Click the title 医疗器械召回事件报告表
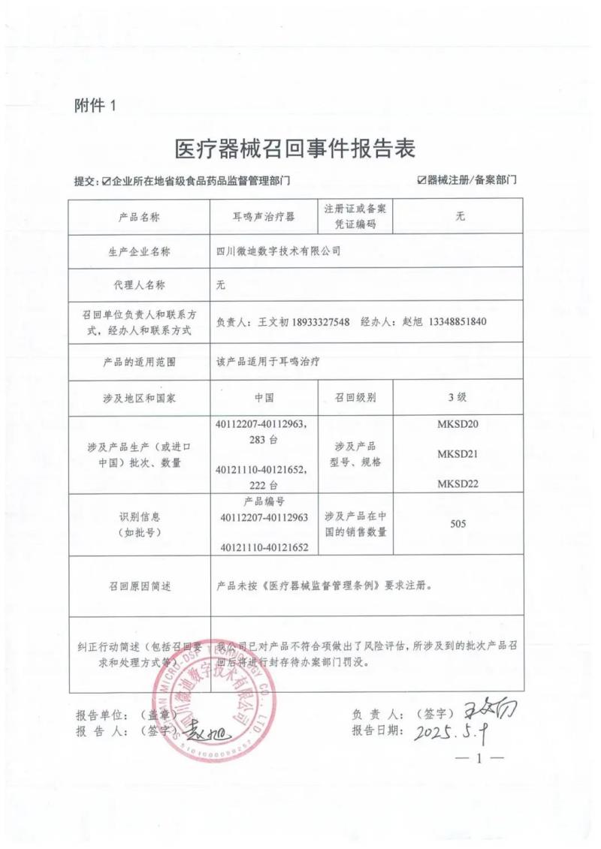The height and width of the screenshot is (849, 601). [294, 148]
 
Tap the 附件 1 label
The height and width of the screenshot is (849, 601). [96, 106]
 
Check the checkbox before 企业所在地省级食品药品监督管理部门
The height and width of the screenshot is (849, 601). [107, 181]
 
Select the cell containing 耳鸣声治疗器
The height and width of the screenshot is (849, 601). [264, 217]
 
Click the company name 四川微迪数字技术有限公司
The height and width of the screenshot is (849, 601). [278, 251]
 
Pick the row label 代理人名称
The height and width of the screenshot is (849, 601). [139, 285]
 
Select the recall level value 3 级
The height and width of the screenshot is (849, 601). [458, 397]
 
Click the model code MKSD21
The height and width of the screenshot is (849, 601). [458, 455]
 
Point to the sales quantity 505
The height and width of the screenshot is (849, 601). [458, 523]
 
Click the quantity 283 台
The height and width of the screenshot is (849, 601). [263, 438]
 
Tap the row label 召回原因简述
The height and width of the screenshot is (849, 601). [139, 586]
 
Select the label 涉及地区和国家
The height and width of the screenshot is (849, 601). [139, 397]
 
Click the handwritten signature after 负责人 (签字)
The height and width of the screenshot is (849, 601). [491, 708]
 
